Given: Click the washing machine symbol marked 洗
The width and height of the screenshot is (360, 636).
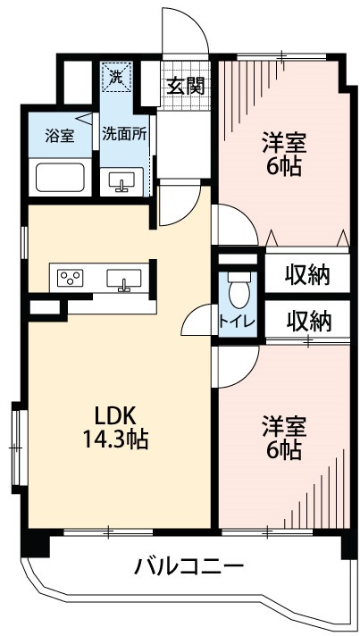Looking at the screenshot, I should click(116, 77).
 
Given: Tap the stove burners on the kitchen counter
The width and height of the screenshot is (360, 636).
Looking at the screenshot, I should click(71, 278).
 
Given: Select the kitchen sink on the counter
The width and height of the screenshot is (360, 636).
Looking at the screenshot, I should click(124, 280).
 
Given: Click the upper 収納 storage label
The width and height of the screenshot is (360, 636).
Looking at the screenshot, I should click(308, 275).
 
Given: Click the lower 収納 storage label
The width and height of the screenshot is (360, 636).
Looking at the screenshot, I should click(308, 319).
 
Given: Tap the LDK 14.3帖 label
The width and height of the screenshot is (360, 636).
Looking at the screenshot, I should click(116, 427).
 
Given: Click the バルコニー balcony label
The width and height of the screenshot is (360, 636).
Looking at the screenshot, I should click(189, 566).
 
